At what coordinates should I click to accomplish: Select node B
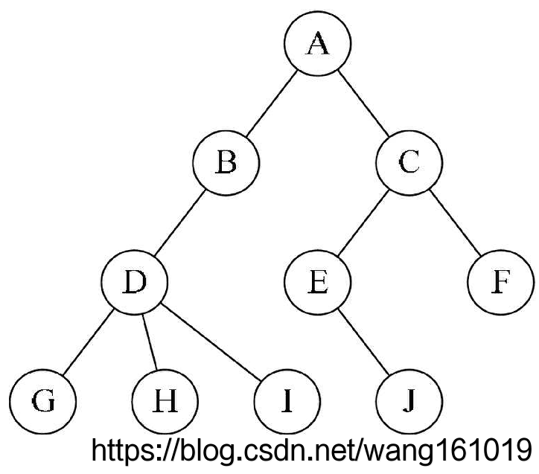coord(226,162)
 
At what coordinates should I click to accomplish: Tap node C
coord(409,162)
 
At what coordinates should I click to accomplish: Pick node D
coord(135,284)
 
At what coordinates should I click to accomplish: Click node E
coord(318,284)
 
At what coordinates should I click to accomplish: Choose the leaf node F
coord(500,284)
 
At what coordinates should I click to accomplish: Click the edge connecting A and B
coord(272,103)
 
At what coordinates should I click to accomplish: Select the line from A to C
coord(363,103)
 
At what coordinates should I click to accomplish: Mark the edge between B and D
coord(181,222)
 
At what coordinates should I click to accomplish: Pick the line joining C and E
coord(363,222)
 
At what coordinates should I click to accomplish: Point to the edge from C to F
coord(454,222)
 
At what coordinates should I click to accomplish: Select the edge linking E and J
coord(363,342)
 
